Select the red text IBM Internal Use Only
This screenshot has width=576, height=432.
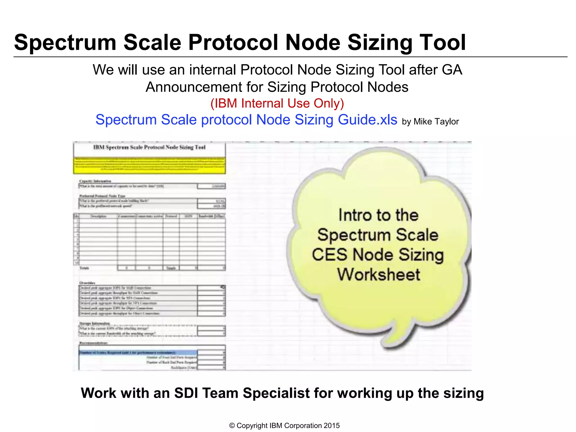point(277,103)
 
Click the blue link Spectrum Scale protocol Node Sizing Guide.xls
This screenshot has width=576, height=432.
point(246,120)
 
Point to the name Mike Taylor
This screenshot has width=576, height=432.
point(436,121)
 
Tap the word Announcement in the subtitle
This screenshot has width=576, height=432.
point(194,87)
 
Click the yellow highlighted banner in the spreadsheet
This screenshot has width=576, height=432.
point(149,165)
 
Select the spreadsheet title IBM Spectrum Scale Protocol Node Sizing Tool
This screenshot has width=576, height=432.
point(149,147)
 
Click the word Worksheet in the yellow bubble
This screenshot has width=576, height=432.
point(379,274)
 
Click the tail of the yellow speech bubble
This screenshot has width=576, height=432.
point(394,340)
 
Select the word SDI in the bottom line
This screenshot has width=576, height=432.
point(186,393)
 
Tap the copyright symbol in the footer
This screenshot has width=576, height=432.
point(232,426)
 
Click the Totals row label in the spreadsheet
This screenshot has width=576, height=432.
point(84,268)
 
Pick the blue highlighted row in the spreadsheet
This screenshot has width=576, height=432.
point(138,352)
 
